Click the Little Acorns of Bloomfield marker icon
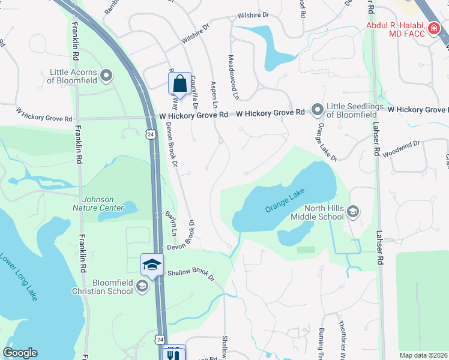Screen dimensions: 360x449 coord(107,76)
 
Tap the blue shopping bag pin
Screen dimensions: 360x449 coord(179,84)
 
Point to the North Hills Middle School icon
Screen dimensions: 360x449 coord(354,211)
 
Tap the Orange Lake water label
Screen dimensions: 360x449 coord(285,200)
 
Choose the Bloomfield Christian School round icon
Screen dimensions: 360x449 coord(142,286)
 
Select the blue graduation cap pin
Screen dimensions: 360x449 coord(152,265)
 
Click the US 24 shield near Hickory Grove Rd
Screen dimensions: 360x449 coord(149,134)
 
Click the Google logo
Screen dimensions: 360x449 coord(20,352)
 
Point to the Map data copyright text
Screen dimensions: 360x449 coord(423,355)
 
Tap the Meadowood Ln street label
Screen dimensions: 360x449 coord(232,77)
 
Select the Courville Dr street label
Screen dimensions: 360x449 coord(194,96)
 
